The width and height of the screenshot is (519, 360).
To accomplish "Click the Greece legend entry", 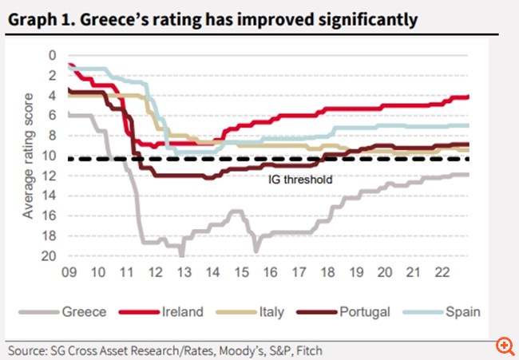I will pyautogui.click(x=84, y=312).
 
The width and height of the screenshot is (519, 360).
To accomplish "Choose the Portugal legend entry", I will pyautogui.click(x=364, y=312).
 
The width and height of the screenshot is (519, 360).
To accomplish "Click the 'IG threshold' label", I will pyautogui.click(x=299, y=180).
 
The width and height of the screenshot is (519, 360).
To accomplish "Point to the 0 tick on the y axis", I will pyautogui.click(x=53, y=55).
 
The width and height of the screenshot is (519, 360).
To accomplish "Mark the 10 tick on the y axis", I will pyautogui.click(x=50, y=156).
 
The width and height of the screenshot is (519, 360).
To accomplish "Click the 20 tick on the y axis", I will pyautogui.click(x=50, y=256).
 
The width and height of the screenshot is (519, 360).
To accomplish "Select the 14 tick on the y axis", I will pyautogui.click(x=50, y=196).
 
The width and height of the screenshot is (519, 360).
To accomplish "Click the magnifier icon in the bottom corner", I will pyautogui.click(x=504, y=345).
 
